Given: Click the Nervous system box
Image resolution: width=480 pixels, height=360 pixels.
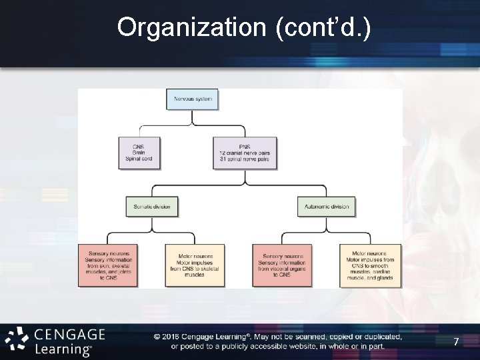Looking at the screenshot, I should click(x=193, y=100).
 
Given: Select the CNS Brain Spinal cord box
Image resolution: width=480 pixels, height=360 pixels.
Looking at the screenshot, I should click(x=138, y=152).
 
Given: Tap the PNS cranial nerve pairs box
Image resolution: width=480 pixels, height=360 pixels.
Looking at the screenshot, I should click(x=245, y=152).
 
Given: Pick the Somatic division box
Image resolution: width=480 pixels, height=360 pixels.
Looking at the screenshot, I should click(x=152, y=207).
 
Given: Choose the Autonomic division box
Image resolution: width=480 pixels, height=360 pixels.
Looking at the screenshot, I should click(x=326, y=207).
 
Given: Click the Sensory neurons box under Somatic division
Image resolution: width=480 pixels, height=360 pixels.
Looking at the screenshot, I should click(x=108, y=265).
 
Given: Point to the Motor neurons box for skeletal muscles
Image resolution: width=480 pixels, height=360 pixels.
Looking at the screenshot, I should click(x=195, y=265).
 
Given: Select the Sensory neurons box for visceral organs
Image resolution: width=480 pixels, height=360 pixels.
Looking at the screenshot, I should click(x=282, y=265).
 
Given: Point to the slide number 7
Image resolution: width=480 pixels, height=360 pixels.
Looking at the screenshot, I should click(x=456, y=342).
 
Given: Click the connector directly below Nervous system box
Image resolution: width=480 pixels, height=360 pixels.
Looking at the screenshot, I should click(x=193, y=117).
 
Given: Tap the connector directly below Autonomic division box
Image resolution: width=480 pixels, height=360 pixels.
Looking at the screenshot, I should click(x=326, y=225).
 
